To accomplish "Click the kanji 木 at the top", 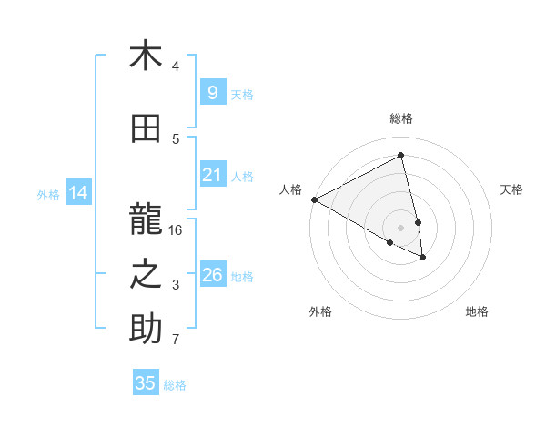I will pos(146,56).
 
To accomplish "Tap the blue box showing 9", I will pos(212,93).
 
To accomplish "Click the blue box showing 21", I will pos(212,175).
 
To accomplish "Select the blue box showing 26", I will pos(212,275).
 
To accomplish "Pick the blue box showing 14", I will pos(77,193).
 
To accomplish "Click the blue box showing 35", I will pos(146,383).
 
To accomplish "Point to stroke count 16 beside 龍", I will pos(176,230).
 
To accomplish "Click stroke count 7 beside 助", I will pos(176,341).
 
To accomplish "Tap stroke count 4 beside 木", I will pos(176,66).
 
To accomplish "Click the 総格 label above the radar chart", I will pos(401,118).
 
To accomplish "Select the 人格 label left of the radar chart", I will pos(290,189).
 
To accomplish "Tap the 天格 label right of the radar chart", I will pos(512,189).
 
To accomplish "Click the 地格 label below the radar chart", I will pos(477,311).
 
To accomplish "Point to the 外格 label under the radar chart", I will pos(320,311).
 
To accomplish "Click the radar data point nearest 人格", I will pos(314,199).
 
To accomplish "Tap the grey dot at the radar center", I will pos(400,227).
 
